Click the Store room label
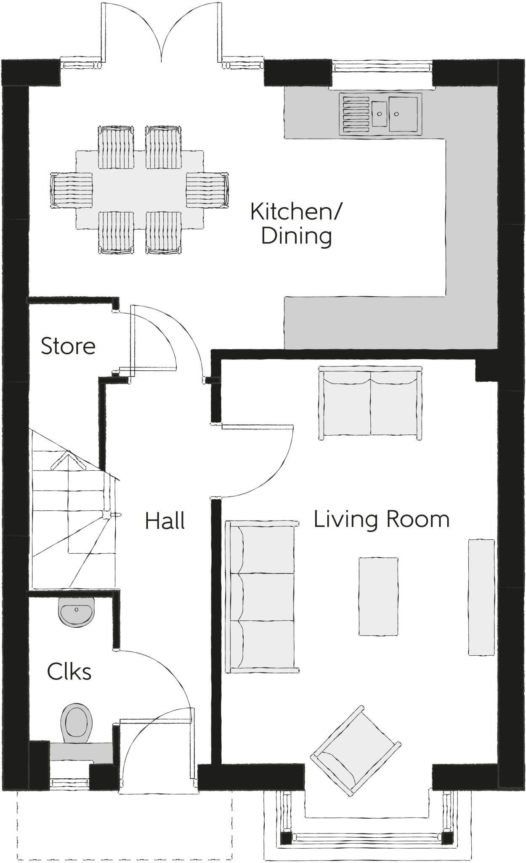tap(68, 346)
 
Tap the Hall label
tap(165, 521)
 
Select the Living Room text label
tap(381, 519)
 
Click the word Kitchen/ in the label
tap(296, 212)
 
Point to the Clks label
tap(69, 672)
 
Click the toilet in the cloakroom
tap(76, 722)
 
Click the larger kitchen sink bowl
tap(403, 113)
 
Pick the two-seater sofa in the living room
tap(370, 404)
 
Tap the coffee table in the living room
tap(378, 596)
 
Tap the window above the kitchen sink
tap(382, 67)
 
